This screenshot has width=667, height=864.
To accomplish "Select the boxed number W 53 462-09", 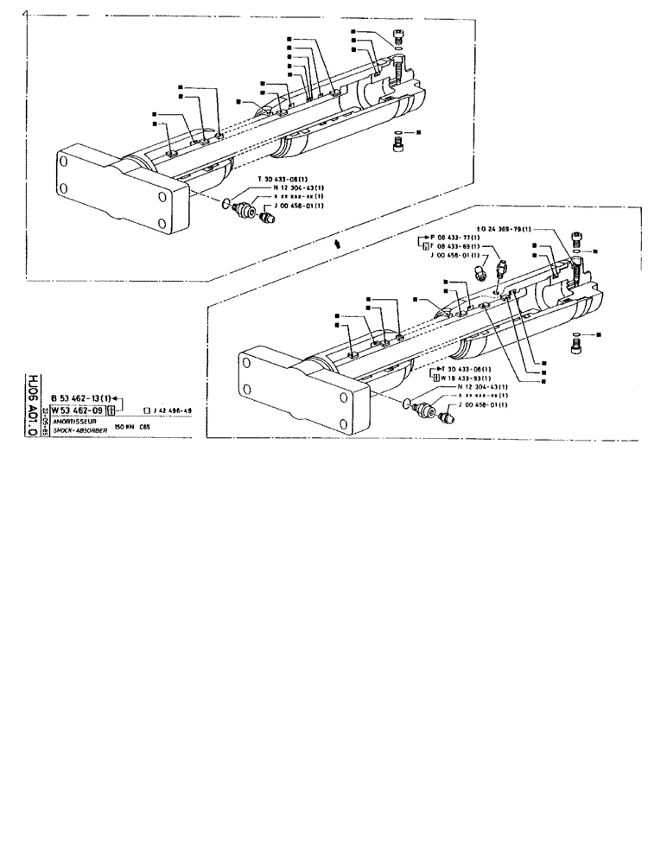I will (x=77, y=410).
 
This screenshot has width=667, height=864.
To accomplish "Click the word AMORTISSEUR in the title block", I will (x=73, y=421).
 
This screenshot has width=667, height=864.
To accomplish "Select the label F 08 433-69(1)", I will (x=454, y=246).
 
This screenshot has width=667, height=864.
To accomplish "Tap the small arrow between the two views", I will (x=338, y=245).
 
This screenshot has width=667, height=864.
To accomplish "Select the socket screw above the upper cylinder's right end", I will (x=398, y=36).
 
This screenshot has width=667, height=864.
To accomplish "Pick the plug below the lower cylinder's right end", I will (x=577, y=346).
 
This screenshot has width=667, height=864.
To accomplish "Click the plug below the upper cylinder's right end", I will (x=398, y=148).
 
